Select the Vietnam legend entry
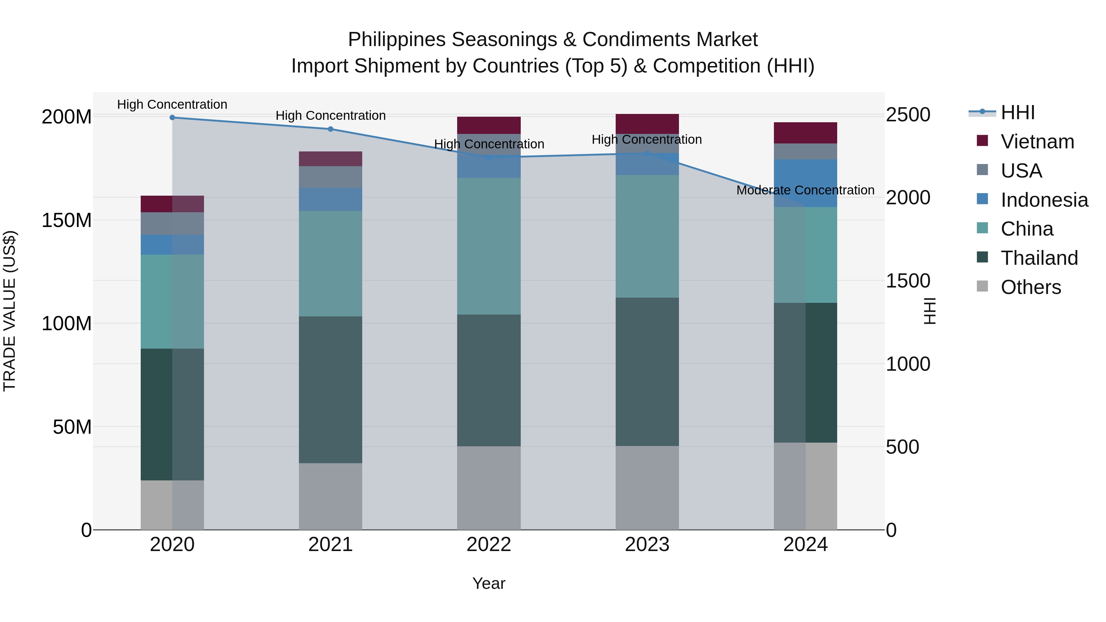click(x=1037, y=142)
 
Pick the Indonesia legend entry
click(x=1044, y=200)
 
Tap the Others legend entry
click(x=1030, y=287)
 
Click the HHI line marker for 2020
click(x=172, y=118)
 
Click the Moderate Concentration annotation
click(x=805, y=190)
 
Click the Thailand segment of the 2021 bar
click(x=331, y=389)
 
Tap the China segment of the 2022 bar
click(x=488, y=246)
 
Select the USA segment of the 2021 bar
click(x=331, y=177)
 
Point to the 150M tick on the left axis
click(x=67, y=220)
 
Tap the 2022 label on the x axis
click(x=488, y=545)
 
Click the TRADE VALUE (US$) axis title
click(x=10, y=311)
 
